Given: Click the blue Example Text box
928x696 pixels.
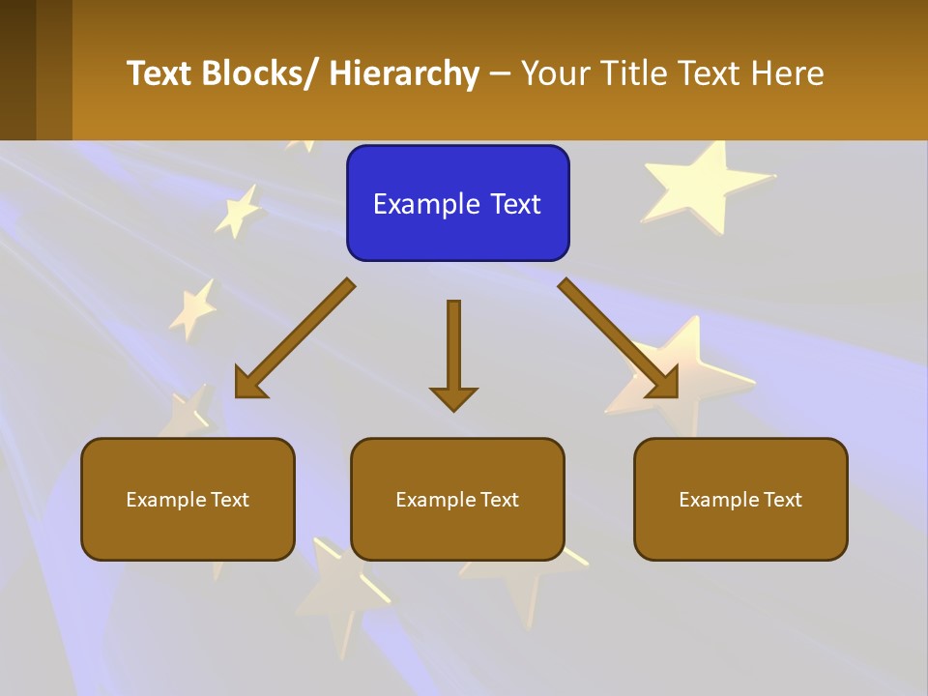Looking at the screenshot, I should coord(457,203).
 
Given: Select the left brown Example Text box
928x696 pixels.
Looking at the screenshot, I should coord(188,499).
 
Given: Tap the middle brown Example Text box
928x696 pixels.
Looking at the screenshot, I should coord(457,499).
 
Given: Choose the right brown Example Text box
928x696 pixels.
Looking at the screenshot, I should coord(740,499).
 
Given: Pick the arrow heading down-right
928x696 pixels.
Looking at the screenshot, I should coord(619,338).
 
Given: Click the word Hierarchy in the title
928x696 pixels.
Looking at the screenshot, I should coord(404,73).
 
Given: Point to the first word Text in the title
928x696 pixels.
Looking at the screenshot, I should coord(159,73).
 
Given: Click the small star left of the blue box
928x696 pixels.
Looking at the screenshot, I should coord(237,211).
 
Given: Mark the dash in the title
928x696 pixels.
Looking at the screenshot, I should coord(500,74).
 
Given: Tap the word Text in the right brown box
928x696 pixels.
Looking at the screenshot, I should coord(782,499).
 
